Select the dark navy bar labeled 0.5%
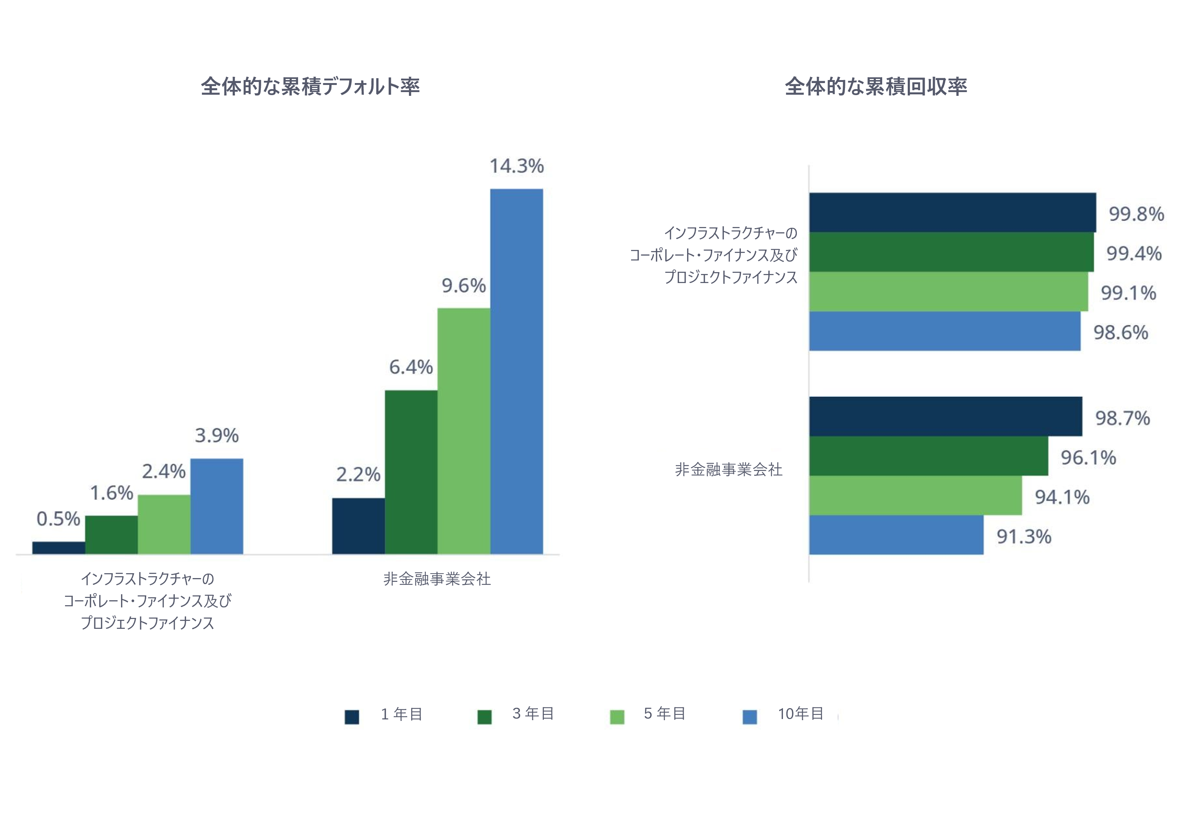click(x=59, y=548)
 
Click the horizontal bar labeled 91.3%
click(x=896, y=534)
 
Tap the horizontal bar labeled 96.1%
click(x=928, y=456)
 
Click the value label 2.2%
click(x=358, y=474)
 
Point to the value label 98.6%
click(x=1120, y=332)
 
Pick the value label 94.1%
click(x=1062, y=497)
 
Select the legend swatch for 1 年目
click(x=351, y=717)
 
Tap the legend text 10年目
click(x=800, y=714)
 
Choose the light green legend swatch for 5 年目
click(x=617, y=717)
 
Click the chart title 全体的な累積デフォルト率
click(x=310, y=86)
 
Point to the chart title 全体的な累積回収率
click(x=875, y=86)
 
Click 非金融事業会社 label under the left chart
click(x=437, y=579)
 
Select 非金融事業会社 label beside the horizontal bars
click(x=728, y=469)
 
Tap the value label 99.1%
click(x=1128, y=293)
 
